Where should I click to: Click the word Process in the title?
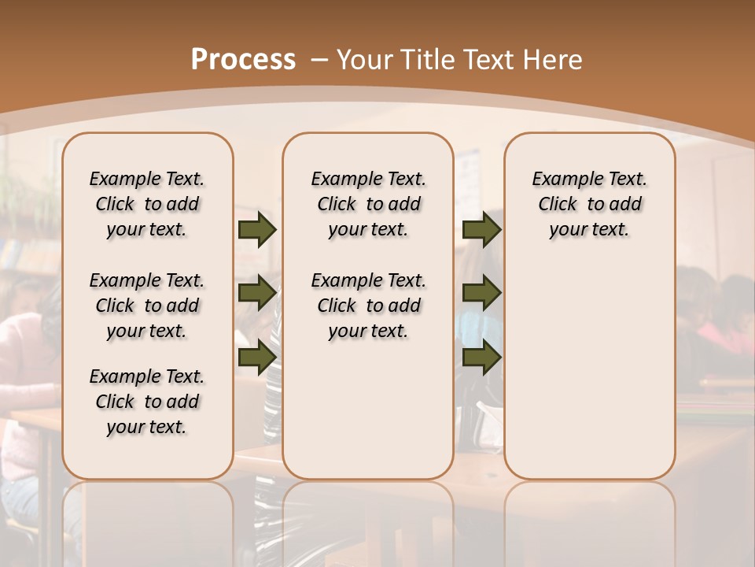243,60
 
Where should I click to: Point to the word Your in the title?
364,60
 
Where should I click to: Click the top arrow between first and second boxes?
256,230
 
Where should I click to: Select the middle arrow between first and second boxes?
256,294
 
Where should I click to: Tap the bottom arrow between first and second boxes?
256,357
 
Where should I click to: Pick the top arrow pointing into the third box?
481,230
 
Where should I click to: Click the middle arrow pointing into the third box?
481,294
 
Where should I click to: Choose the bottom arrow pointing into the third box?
481,357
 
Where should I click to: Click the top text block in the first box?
147,204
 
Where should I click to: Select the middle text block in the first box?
147,306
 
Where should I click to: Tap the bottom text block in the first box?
147,402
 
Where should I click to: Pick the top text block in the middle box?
368,204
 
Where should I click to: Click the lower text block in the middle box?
368,306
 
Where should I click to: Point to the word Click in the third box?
558,205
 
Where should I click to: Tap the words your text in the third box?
589,230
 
